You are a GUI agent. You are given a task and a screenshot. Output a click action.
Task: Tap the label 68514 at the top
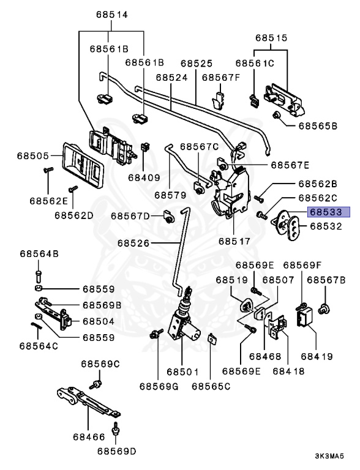tap(112, 15)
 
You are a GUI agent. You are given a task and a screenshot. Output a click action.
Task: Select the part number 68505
tap(32, 156)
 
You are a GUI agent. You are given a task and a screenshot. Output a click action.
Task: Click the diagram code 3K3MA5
tap(329, 456)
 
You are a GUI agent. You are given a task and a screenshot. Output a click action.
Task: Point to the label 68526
tap(133, 243)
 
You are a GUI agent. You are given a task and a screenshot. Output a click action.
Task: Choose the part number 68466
tap(89, 437)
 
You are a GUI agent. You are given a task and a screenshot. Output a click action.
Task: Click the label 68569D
tap(117, 451)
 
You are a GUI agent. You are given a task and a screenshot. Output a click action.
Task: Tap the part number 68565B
tap(318, 126)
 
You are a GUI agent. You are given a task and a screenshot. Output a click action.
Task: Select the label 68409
tap(144, 177)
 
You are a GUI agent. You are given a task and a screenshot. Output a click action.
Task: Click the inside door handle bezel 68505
tap(83, 165)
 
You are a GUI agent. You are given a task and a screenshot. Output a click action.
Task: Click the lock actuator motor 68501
tap(183, 323)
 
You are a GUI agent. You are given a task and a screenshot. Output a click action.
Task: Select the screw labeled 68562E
tap(48, 170)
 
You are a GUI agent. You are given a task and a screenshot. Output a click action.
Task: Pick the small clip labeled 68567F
tap(219, 100)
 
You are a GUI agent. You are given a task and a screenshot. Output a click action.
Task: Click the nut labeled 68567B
tap(324, 308)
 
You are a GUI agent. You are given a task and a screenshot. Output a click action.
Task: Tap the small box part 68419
tap(304, 317)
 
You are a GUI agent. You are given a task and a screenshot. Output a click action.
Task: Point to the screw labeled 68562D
tap(73, 189)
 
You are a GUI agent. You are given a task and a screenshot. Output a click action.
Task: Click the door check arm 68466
tap(88, 401)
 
